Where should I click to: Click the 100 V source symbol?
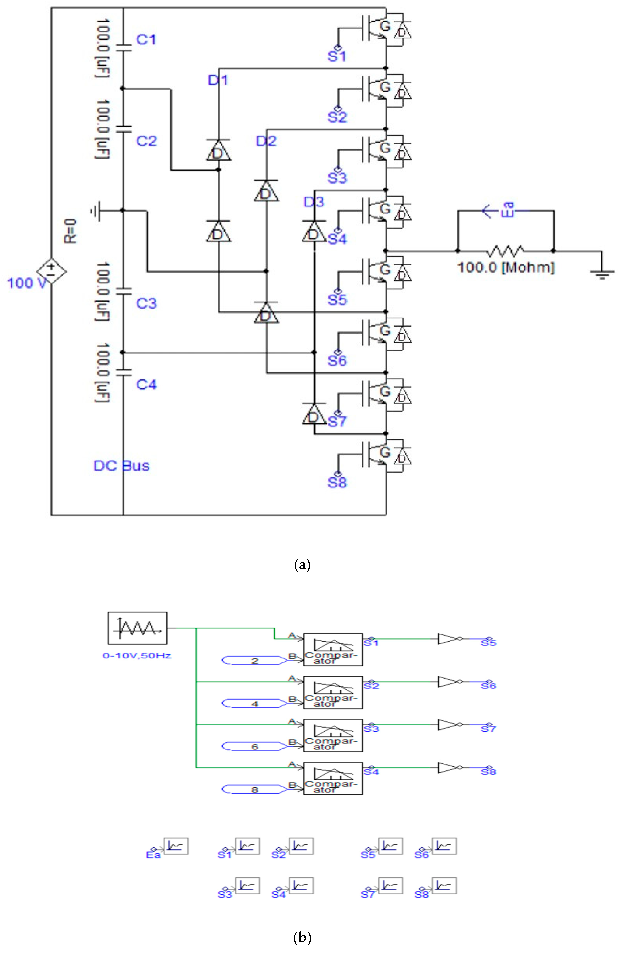(x=51, y=271)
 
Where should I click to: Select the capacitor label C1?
(x=146, y=40)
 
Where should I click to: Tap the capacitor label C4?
(x=146, y=384)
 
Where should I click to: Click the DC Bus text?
(x=121, y=466)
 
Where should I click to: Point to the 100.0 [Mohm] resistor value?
(x=506, y=267)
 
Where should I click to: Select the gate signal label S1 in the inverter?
(x=337, y=56)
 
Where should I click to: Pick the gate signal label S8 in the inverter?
(x=337, y=482)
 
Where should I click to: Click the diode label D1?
(x=218, y=81)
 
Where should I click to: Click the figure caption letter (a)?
(x=302, y=565)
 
